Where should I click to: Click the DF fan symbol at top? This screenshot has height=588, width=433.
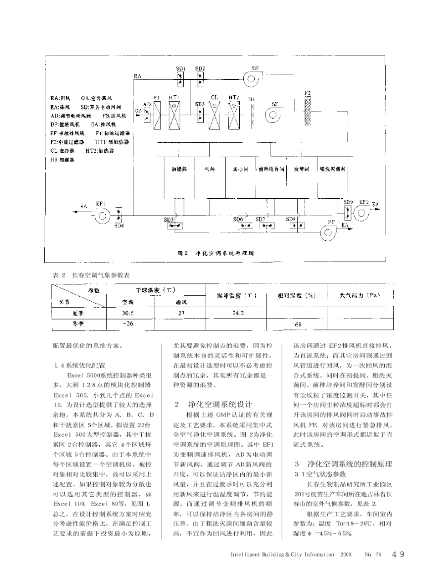(x=251, y=79)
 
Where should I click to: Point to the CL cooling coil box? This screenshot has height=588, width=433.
(x=214, y=113)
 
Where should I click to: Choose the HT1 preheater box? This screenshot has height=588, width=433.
(x=174, y=113)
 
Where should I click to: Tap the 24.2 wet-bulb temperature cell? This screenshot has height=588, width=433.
(x=238, y=314)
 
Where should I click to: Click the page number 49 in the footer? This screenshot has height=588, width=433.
(x=397, y=554)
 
